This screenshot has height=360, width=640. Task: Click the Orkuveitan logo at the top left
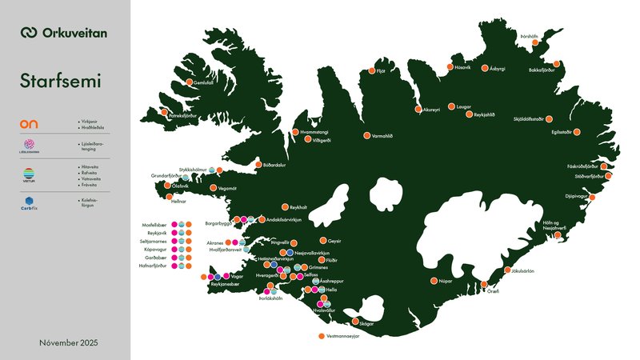[64, 33]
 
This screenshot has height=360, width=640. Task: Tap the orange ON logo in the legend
[29, 124]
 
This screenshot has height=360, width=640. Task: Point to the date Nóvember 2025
[74, 342]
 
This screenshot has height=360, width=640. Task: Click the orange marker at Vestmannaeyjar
[322, 337]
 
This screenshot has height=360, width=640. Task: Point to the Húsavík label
[462, 68]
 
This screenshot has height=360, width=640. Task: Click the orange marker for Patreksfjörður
[164, 112]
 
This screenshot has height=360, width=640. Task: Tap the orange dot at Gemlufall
[189, 82]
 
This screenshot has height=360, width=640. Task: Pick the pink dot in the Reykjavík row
[174, 234]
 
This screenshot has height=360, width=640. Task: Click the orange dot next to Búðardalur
[256, 165]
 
